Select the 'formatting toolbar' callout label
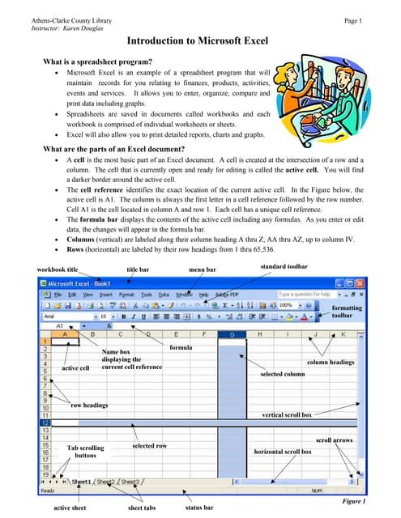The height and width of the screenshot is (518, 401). [x=348, y=312]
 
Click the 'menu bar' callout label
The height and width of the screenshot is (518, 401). [x=203, y=269]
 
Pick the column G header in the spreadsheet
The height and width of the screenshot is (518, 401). [x=232, y=334]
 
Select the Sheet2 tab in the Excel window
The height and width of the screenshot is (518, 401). [x=106, y=482]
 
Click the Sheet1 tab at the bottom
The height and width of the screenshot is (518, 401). [x=80, y=482]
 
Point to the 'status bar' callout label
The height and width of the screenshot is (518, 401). [x=199, y=507]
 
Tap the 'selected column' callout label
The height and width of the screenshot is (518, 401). [x=282, y=375]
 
